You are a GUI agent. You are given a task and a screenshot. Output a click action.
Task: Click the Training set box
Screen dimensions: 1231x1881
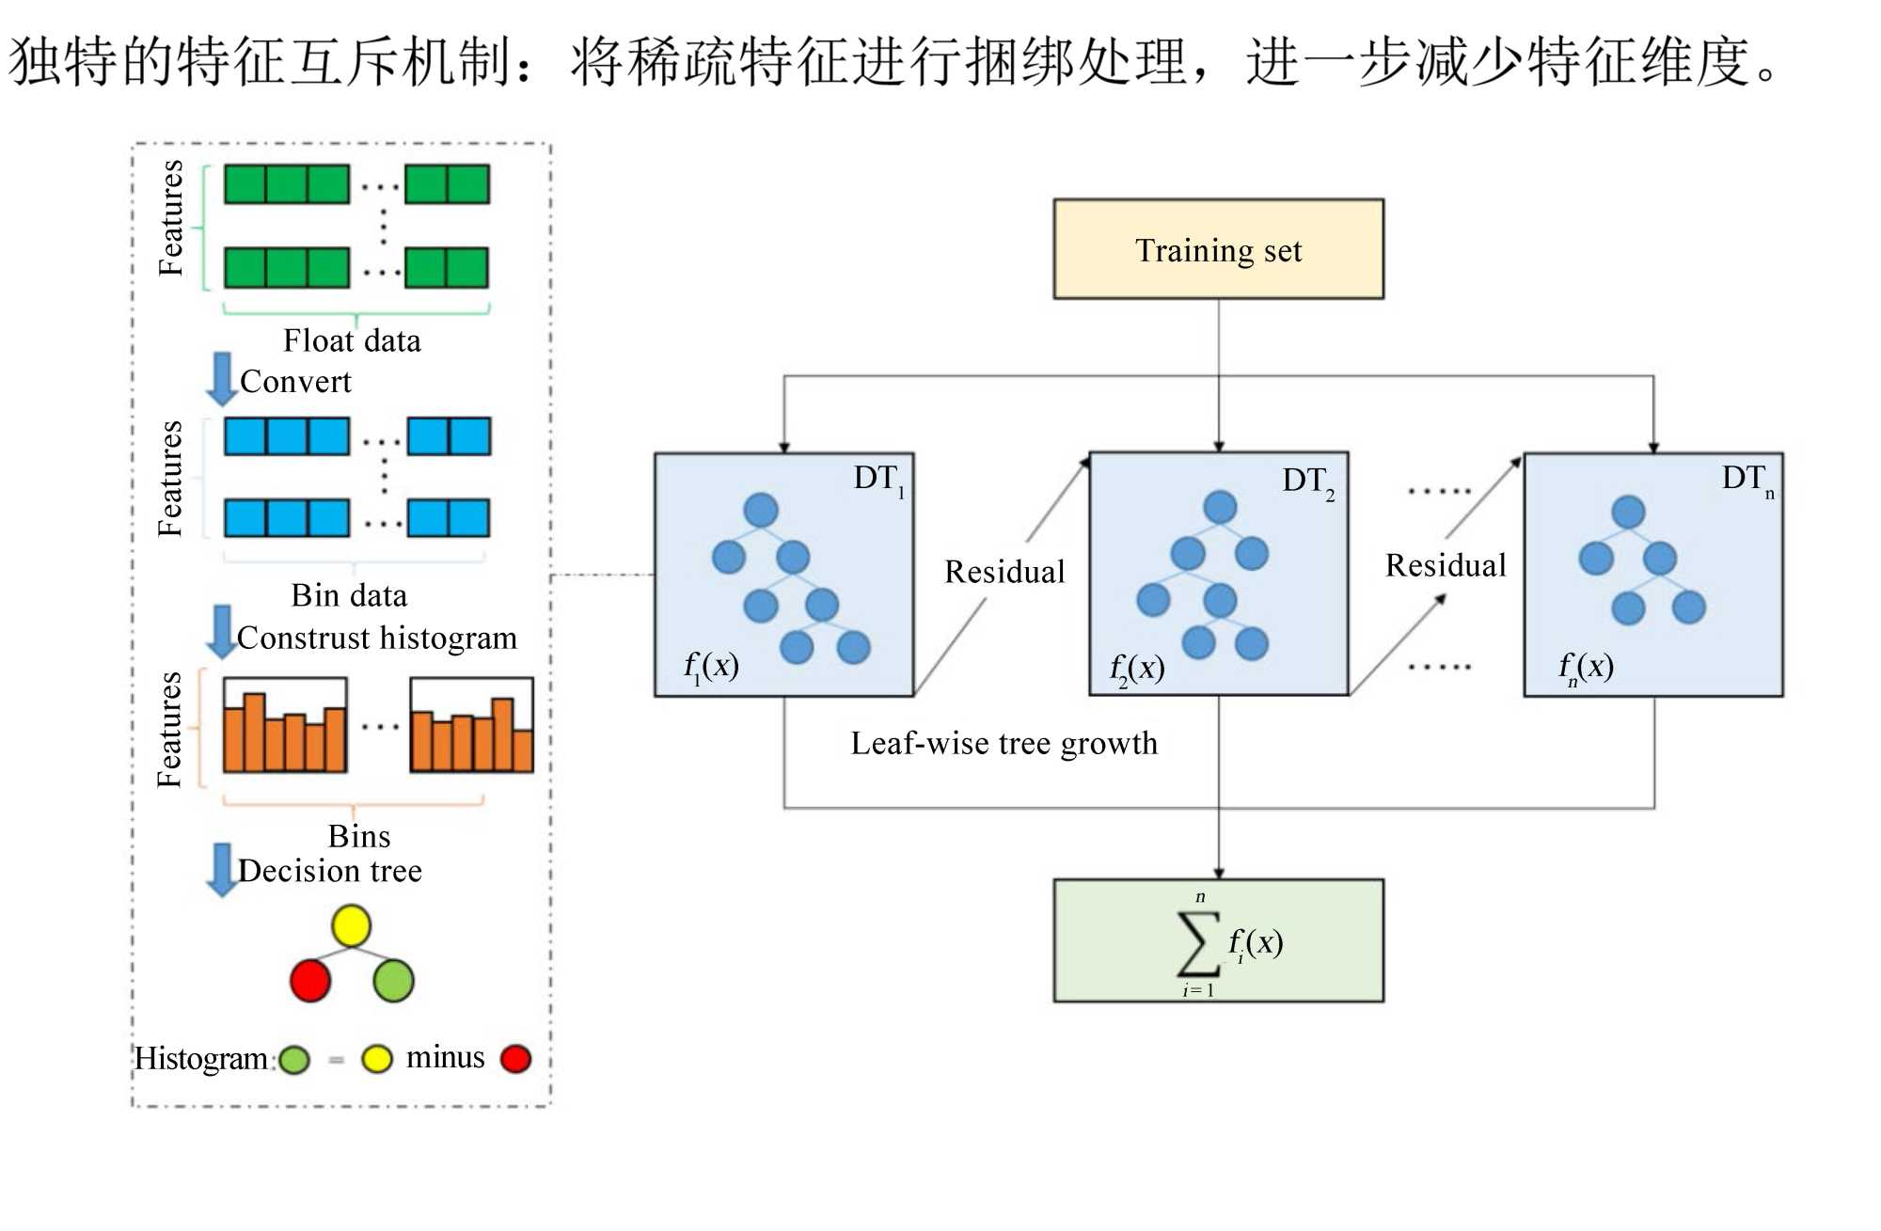[x=1218, y=249]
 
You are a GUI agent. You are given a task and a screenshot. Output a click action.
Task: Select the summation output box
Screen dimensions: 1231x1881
[x=1218, y=940]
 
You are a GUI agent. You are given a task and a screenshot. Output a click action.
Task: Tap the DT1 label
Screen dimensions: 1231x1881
[x=878, y=479]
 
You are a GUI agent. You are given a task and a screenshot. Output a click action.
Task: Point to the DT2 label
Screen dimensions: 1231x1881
[x=1307, y=481]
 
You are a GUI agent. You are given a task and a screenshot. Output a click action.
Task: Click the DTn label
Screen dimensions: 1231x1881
[x=1747, y=479]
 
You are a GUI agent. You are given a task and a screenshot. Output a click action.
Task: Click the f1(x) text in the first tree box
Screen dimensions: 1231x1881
[x=711, y=667]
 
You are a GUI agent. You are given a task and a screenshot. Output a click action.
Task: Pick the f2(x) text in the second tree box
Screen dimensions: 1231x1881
[x=1137, y=669]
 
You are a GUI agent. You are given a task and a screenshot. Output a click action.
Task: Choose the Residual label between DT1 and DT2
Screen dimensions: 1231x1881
[x=1004, y=572]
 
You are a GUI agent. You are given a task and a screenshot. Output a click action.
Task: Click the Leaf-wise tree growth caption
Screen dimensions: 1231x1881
[x=1004, y=743]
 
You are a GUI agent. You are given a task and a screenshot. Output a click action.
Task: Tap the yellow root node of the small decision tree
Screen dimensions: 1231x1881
[x=351, y=925]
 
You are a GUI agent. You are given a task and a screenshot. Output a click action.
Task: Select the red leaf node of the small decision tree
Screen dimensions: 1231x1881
[x=310, y=981]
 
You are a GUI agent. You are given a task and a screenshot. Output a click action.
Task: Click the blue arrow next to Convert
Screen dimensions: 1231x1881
[x=222, y=379]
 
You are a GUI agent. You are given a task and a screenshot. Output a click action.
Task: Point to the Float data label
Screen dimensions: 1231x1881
[x=352, y=340]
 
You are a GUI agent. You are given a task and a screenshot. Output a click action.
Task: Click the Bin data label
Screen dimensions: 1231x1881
[x=349, y=595]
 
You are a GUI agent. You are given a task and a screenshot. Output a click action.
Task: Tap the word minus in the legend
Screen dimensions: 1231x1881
[x=445, y=1058]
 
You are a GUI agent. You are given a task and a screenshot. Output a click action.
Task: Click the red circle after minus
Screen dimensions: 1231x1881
[x=515, y=1059]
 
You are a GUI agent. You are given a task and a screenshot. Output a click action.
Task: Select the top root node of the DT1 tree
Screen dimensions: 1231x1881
[x=761, y=511]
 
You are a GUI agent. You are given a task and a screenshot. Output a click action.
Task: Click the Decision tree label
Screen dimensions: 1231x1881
[x=330, y=871]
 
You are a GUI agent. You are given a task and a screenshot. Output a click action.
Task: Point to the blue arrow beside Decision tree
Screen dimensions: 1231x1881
[x=222, y=869]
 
